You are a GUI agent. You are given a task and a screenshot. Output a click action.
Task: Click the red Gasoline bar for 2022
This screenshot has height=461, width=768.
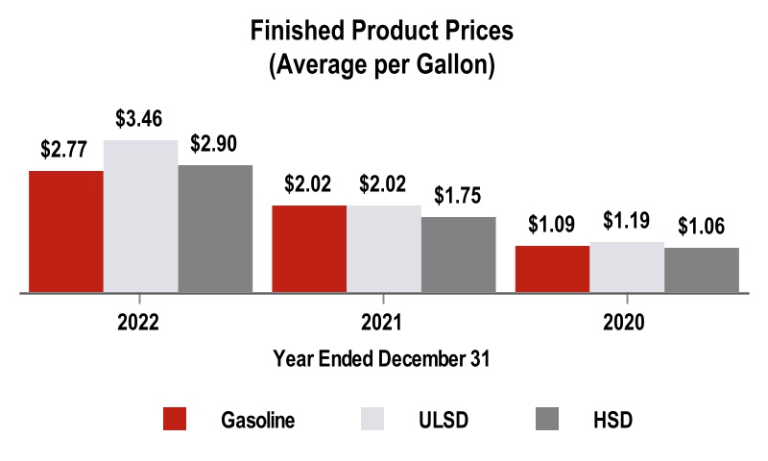[66, 230]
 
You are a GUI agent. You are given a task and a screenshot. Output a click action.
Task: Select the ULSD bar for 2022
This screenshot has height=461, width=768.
[141, 216]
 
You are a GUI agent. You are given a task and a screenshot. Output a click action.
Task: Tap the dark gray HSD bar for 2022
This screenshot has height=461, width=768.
[216, 229]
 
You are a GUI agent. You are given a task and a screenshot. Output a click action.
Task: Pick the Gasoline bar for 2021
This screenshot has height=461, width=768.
[309, 248]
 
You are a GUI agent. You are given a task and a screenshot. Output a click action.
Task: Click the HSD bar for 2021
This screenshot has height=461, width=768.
[459, 255]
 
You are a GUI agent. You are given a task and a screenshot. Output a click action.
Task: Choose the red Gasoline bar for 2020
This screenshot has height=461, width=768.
[552, 269]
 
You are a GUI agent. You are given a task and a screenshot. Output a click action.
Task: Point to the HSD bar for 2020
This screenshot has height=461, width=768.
[702, 270]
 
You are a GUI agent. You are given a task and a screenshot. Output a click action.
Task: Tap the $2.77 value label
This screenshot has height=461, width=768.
[64, 151]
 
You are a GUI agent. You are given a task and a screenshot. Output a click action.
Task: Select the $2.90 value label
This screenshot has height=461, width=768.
[214, 145]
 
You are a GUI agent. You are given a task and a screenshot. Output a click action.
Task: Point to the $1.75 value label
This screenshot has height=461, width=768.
[457, 197]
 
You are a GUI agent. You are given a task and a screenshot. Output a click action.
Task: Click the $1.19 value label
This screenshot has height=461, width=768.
[627, 222]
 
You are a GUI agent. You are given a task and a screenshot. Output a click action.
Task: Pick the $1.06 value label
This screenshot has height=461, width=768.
[702, 228]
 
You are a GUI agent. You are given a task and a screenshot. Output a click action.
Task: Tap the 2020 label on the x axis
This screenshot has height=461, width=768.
[627, 321]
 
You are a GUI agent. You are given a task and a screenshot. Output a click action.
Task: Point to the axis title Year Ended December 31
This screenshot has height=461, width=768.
[382, 360]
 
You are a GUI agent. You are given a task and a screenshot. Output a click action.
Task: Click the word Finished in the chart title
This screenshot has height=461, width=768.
[293, 31]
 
